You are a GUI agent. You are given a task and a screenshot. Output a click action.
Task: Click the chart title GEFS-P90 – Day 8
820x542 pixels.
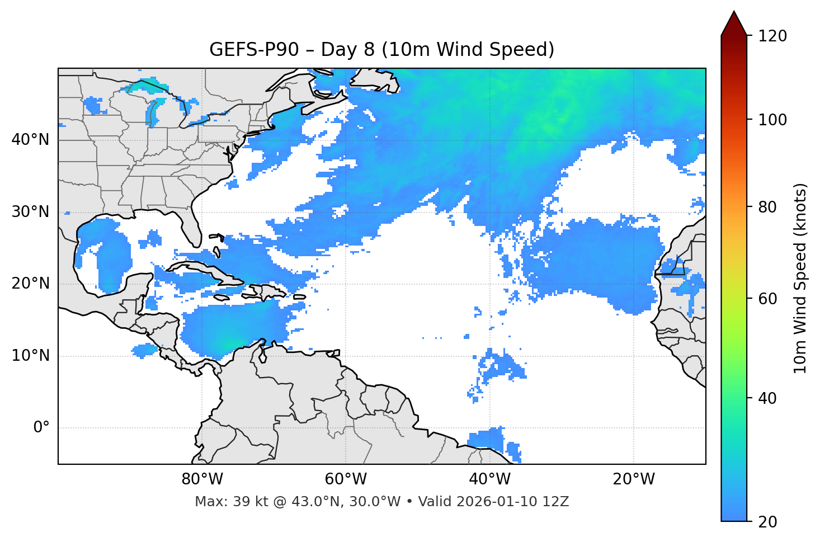point(381,50)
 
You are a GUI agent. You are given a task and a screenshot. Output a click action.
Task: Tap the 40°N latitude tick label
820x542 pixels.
point(30,140)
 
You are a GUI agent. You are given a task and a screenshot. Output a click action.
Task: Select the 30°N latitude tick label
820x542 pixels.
point(30,212)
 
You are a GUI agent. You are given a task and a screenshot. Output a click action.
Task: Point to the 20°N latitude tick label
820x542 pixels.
point(30,284)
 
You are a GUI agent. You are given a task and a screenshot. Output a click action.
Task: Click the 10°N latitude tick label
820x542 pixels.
point(30,356)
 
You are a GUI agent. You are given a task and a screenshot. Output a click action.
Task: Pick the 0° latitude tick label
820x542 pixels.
point(41,428)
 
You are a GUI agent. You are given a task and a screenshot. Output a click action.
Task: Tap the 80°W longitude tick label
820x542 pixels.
point(202,479)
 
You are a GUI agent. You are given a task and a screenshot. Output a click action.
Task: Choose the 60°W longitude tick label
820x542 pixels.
point(346,479)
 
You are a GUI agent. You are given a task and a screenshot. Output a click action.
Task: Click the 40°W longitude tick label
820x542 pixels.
point(489,479)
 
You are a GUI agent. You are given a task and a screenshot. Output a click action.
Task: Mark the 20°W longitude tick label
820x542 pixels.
point(633,479)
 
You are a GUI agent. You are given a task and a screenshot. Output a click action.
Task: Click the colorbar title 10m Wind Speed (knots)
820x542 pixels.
point(800,279)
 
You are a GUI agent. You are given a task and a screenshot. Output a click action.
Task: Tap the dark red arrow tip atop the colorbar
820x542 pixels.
point(734,21)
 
